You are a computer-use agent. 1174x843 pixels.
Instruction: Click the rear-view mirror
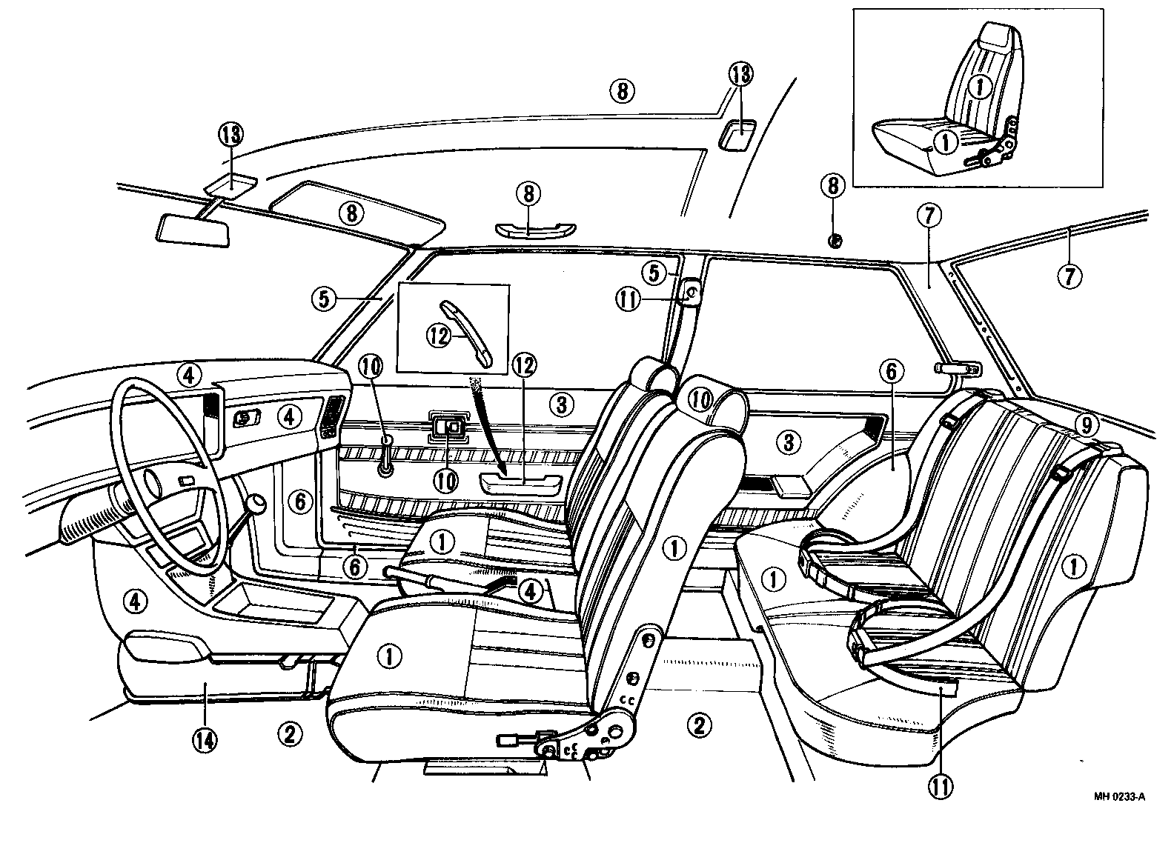coord(193,228)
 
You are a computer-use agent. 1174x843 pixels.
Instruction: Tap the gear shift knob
coord(256,506)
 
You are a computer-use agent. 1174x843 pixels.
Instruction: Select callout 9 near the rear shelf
coord(1086,425)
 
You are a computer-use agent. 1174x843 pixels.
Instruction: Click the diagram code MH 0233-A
coord(1119,797)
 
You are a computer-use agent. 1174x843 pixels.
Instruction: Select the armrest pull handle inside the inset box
coord(465,332)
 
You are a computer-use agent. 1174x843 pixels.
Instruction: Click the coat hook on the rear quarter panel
coord(958,368)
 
